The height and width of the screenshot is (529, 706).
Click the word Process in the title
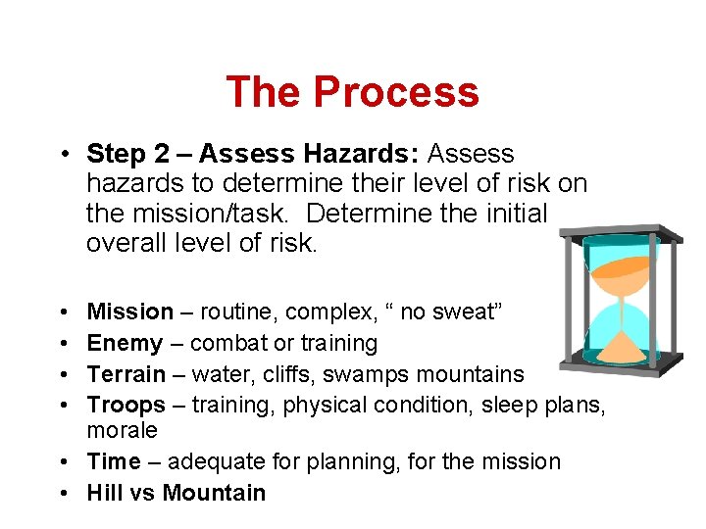(x=396, y=92)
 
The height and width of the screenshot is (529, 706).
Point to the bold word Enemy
(x=125, y=343)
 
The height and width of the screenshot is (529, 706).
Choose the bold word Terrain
(x=126, y=374)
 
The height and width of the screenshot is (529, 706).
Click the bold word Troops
(x=126, y=405)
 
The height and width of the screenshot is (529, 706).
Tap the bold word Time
(x=114, y=461)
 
